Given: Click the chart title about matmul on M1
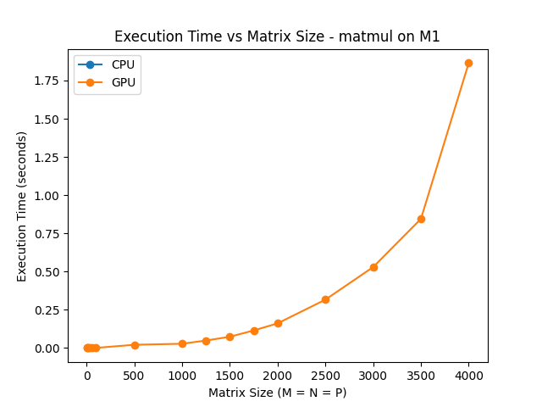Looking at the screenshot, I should click(277, 36).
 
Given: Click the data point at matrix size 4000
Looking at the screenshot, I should click(468, 63).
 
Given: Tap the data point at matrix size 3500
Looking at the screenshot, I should click(421, 219).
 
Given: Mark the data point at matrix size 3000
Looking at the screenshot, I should click(373, 267).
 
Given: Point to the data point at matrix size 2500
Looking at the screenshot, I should click(325, 299).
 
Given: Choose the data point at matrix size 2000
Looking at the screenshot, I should click(278, 323).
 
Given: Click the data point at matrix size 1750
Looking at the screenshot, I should click(254, 331).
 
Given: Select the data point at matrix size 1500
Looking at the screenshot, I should click(230, 337).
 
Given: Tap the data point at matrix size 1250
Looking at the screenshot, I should click(206, 341).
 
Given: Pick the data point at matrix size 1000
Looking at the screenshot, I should click(182, 343).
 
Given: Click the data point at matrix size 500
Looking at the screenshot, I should click(135, 345).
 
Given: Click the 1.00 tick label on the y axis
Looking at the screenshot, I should click(47, 195).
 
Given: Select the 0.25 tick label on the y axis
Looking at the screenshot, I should click(47, 310).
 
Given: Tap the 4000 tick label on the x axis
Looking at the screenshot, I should click(468, 376).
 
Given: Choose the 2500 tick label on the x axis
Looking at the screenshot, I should click(325, 376).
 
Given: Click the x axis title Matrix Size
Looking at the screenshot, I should click(277, 393).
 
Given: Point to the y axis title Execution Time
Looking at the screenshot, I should click(23, 206).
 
